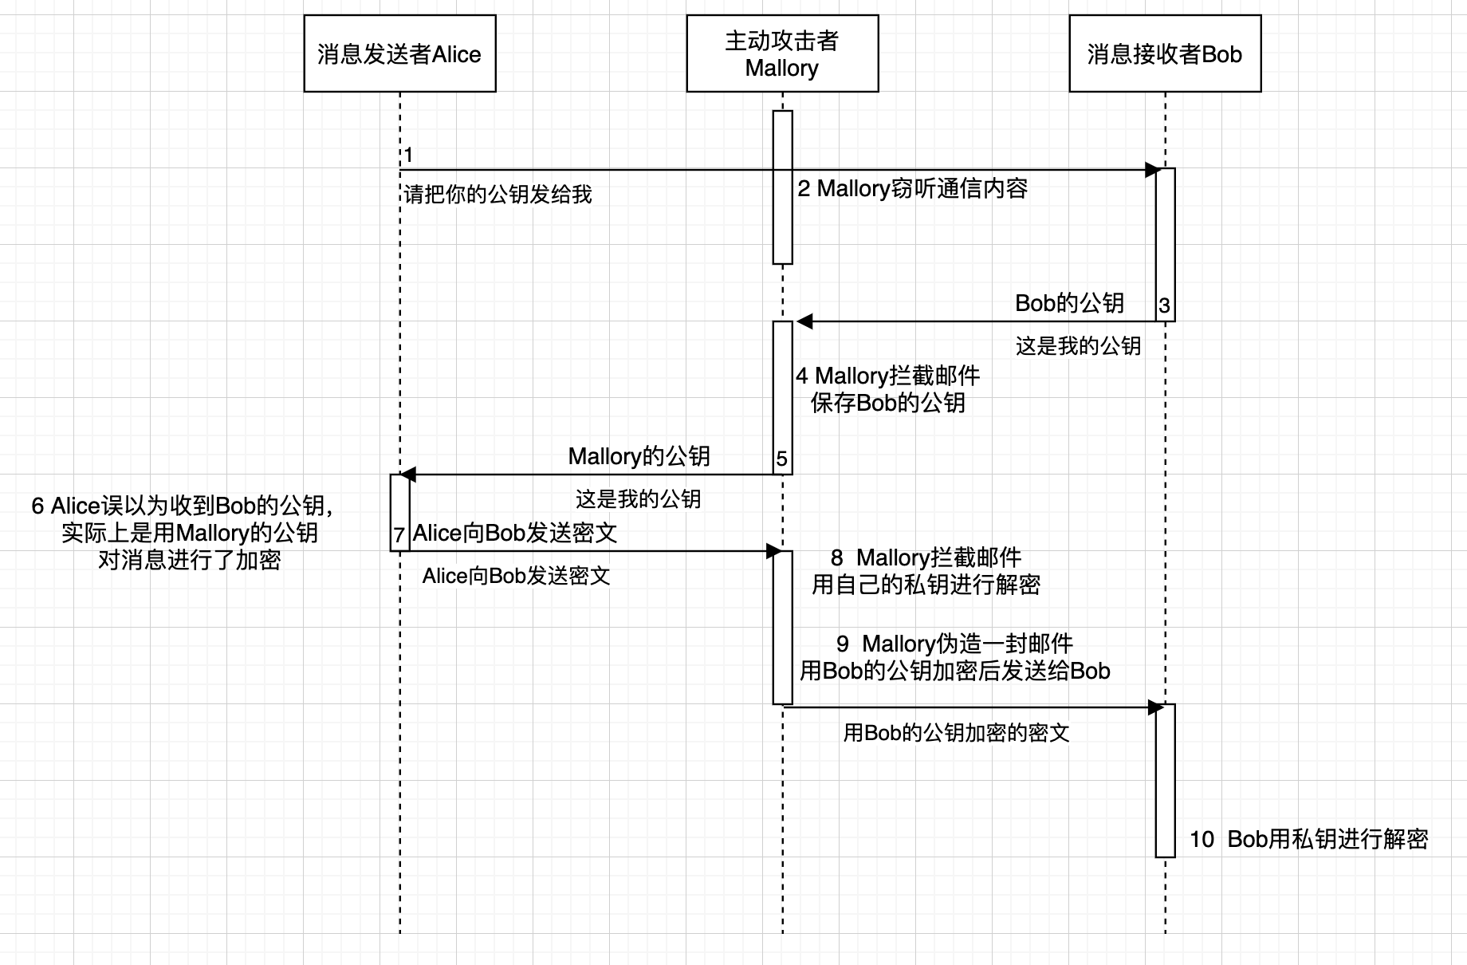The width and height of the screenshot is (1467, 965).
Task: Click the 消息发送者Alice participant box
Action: pos(399,53)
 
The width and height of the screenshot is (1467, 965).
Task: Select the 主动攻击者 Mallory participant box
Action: pos(782,53)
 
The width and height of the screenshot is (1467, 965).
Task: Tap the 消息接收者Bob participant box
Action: pos(1165,53)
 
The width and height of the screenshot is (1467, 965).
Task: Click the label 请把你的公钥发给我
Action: pos(498,194)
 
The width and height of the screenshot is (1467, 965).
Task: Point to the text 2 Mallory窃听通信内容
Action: pos(913,188)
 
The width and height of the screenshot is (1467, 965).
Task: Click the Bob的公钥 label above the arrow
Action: pos(1069,303)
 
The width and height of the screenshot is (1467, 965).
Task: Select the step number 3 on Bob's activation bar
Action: pos(1164,305)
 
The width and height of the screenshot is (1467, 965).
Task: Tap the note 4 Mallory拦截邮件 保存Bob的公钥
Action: pos(887,389)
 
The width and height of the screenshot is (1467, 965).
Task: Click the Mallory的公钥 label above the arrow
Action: pos(639,456)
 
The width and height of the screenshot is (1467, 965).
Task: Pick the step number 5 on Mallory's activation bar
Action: pos(781,459)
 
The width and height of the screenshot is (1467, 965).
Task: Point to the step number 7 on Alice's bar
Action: pos(399,535)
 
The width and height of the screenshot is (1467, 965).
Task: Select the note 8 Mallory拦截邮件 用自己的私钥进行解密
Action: pos(926,571)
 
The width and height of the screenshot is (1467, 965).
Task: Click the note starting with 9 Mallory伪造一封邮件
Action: pos(954,657)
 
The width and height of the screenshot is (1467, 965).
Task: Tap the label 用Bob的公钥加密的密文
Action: pos(956,733)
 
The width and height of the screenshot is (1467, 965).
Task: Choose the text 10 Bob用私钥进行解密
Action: pos(1308,839)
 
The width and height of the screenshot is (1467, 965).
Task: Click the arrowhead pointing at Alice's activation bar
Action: pos(407,475)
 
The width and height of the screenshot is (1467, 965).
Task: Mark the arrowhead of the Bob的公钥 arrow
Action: pos(804,321)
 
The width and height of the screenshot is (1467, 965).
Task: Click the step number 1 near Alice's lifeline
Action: pos(408,155)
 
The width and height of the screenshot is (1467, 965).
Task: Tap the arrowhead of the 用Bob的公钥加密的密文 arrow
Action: pos(1155,707)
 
